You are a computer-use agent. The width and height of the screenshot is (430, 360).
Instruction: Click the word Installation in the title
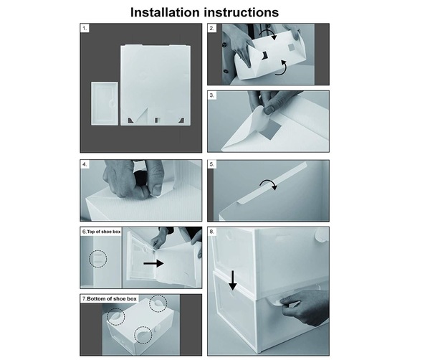[x=165, y=12]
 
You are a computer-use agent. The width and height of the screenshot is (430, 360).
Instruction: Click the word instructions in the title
[x=242, y=12]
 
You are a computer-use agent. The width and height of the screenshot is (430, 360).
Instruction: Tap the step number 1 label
[x=85, y=28]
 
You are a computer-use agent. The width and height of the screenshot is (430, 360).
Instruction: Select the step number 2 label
[x=211, y=28]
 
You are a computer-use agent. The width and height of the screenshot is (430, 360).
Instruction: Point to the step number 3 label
[x=211, y=95]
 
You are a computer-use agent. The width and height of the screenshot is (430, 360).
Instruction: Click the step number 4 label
[x=85, y=164]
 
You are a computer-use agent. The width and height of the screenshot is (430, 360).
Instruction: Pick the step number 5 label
[x=211, y=164]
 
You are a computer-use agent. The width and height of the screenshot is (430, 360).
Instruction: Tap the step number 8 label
[x=211, y=232]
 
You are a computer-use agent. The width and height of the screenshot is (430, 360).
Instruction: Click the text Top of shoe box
[x=104, y=232]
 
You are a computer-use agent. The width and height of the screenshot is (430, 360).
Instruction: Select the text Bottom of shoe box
[x=112, y=298]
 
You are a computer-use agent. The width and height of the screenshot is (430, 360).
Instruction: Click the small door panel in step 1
[x=105, y=103]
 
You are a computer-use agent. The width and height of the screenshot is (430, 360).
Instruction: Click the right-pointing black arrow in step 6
[x=153, y=263]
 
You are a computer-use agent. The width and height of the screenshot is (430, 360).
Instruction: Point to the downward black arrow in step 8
[x=232, y=280]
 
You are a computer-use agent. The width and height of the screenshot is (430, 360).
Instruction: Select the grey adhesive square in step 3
[x=271, y=131]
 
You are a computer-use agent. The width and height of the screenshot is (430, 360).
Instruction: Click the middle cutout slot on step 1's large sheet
[x=158, y=120]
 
